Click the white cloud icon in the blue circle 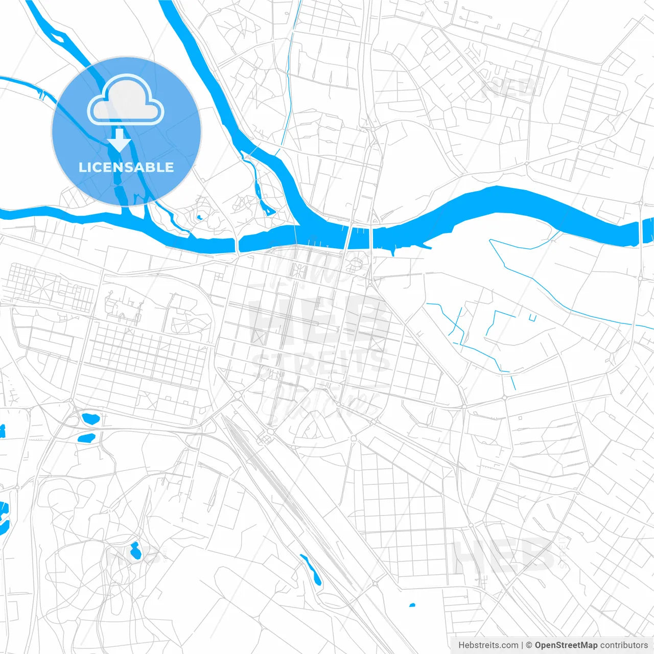click(x=126, y=100)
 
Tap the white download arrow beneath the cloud click(x=120, y=140)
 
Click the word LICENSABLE click(x=126, y=167)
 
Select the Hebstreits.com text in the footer click(x=488, y=645)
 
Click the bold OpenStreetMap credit click(x=566, y=645)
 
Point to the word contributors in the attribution click(x=623, y=645)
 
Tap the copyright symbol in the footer click(x=529, y=645)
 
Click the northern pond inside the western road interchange click(x=91, y=419)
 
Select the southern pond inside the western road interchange click(x=86, y=438)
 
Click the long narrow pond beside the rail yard click(x=311, y=569)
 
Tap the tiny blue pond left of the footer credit click(x=412, y=605)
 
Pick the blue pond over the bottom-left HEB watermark click(x=135, y=550)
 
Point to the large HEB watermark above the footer click(x=503, y=554)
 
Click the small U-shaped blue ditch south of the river click(x=532, y=318)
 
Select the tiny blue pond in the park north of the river click(x=199, y=218)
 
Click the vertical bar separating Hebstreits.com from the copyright click(x=522, y=645)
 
